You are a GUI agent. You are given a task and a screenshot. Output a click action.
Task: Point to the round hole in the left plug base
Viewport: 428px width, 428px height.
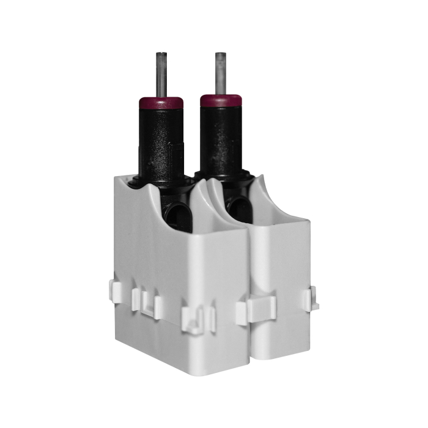[178, 217]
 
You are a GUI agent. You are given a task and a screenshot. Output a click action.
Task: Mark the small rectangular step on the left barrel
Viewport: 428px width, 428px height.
[177, 150]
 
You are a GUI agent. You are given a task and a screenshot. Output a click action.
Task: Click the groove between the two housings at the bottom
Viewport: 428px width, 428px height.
[250, 349]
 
